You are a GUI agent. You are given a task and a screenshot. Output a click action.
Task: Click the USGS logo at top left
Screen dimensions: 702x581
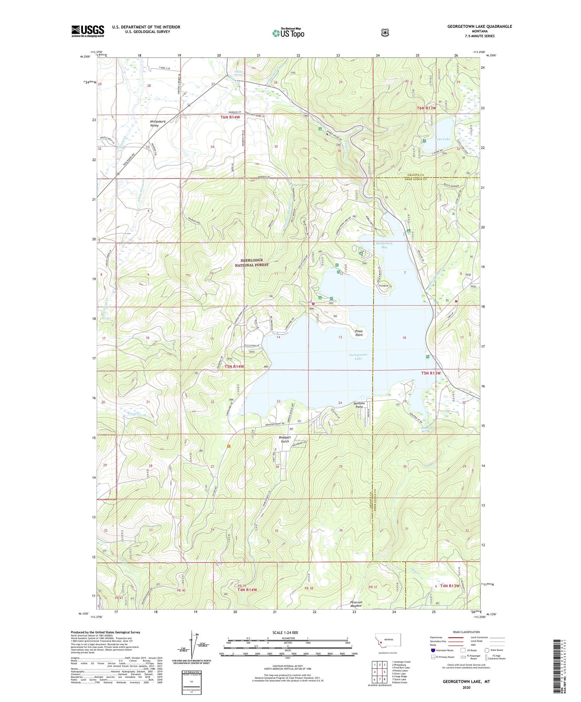(x=88, y=31)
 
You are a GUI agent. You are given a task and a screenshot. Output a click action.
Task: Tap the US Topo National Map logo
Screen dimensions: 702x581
(x=288, y=33)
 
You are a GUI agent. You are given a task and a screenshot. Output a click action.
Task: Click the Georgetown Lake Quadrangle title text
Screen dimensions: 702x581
(x=469, y=26)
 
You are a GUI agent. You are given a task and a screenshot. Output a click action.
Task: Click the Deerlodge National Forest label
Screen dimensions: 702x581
(x=252, y=263)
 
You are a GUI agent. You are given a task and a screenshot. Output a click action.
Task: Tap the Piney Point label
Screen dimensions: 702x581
(x=359, y=333)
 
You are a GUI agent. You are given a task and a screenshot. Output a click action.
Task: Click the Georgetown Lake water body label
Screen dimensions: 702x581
(x=358, y=357)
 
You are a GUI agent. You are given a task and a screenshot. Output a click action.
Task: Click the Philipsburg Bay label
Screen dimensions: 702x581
(x=384, y=245)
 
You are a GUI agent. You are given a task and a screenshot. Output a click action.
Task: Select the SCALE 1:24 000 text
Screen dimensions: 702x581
(x=285, y=632)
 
